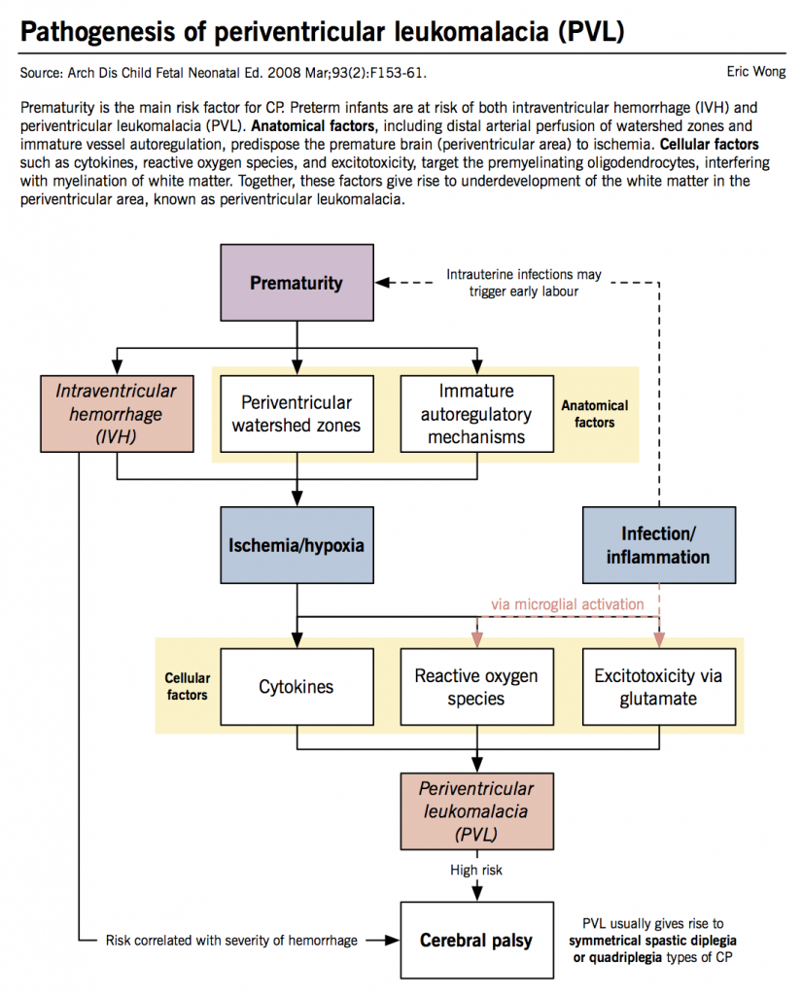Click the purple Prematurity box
coord(296,283)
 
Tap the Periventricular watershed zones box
coord(296,414)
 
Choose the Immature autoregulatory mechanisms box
coord(477,414)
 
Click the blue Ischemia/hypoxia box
coord(296,545)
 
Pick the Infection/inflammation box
coord(658,545)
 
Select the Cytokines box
coord(296,687)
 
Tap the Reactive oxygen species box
coord(476,687)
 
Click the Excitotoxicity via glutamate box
coord(658,687)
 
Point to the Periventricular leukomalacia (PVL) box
coord(476,809)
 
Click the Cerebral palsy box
coord(476,940)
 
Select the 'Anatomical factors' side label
coord(595,414)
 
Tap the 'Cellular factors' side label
coord(186,687)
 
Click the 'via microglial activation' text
coord(567,603)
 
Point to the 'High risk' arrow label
coord(476,870)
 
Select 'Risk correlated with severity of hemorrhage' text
coord(230,940)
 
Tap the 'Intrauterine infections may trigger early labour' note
coord(524,283)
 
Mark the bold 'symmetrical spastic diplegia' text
coord(652,942)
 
